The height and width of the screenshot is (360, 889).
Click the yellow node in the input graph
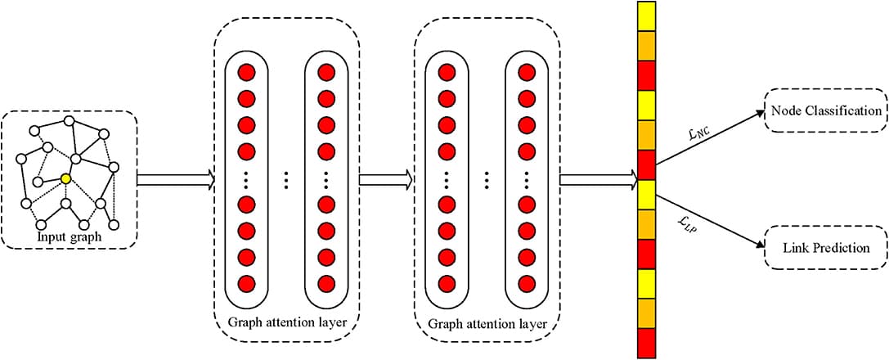click(66, 177)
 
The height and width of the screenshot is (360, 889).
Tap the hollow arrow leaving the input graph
click(175, 179)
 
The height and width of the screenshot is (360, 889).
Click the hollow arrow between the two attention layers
click(387, 179)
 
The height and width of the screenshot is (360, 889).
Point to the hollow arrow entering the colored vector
click(598, 179)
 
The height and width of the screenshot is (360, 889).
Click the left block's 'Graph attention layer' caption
click(287, 322)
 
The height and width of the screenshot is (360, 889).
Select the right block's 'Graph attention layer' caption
click(487, 322)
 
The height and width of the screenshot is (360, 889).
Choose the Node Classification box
click(824, 110)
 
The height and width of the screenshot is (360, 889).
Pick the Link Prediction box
click(824, 247)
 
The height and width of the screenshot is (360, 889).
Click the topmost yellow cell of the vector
click(646, 16)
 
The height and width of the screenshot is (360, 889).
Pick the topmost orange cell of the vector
click(646, 45)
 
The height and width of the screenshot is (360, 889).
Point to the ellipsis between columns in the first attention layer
click(286, 179)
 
